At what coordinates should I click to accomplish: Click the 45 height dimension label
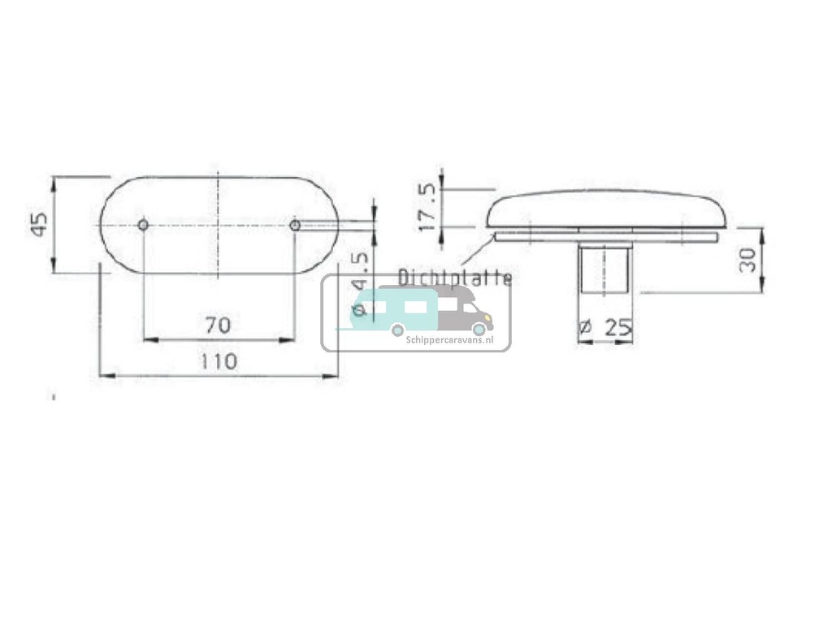pos(38,223)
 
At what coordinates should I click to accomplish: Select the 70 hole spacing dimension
pos(218,325)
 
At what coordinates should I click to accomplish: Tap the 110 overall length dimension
pos(219,361)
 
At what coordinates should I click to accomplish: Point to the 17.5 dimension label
pos(427,207)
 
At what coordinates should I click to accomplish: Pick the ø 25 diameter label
pos(605,328)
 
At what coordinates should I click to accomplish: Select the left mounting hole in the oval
pos(143,225)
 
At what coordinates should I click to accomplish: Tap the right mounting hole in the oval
pos(295,225)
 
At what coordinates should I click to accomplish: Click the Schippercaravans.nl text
pos(449,342)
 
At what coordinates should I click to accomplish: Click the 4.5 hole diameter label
pos(360,272)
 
